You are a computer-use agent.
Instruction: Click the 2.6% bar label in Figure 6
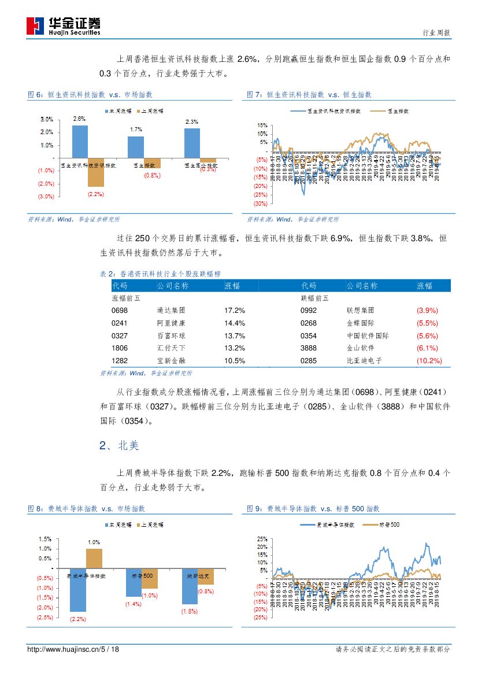point(79,119)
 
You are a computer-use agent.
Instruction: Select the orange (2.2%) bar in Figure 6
point(95,172)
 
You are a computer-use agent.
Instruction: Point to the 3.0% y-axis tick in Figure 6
point(47,119)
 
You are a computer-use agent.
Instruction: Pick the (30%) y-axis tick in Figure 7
point(260,204)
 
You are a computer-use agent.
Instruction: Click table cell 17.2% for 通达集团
point(234,310)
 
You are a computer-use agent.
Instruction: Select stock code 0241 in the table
point(120,323)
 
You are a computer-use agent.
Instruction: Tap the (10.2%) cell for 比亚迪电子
point(429,360)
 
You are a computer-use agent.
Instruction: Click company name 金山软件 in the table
point(360,348)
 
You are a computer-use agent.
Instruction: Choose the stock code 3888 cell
point(309,348)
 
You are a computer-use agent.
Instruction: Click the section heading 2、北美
point(119,446)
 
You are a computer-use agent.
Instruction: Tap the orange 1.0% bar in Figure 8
point(94,559)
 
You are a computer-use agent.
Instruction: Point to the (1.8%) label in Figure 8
point(189,611)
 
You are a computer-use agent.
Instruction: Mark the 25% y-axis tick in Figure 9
point(261,539)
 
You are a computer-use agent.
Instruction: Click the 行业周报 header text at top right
point(436,34)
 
